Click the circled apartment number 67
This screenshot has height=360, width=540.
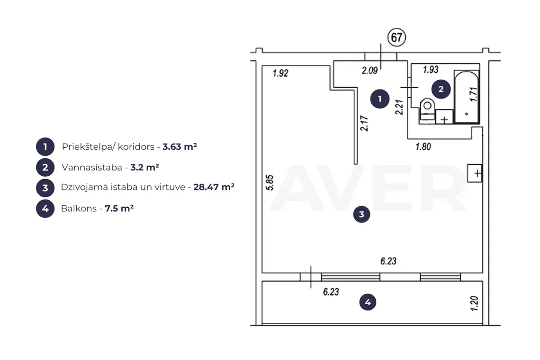tap(397, 37)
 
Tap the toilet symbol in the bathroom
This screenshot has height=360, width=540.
tap(427, 110)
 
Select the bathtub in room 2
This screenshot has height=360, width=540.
tap(466, 97)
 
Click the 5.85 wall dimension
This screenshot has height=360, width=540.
tap(270, 182)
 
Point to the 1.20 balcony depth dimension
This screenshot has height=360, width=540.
tap(474, 304)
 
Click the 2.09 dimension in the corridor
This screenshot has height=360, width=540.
tap(369, 71)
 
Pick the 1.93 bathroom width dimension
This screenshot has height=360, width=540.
tap(431, 70)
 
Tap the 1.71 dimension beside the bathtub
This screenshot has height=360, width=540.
tap(474, 94)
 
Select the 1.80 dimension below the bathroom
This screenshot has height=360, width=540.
tap(423, 147)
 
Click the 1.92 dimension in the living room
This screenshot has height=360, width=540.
tap(280, 73)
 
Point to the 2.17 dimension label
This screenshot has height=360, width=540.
tap(364, 123)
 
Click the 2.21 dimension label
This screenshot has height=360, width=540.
tap(399, 107)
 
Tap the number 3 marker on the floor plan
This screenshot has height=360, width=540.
tap(361, 214)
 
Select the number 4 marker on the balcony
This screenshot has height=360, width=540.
tap(368, 302)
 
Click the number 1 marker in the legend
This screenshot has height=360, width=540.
tap(45, 147)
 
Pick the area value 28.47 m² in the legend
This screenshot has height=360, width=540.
tap(214, 187)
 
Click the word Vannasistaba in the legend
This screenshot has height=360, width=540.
tap(92, 167)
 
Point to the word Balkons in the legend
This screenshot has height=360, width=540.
tap(79, 208)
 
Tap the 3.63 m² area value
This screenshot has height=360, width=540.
tap(180, 147)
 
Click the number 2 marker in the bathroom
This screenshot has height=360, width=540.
tap(441, 89)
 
